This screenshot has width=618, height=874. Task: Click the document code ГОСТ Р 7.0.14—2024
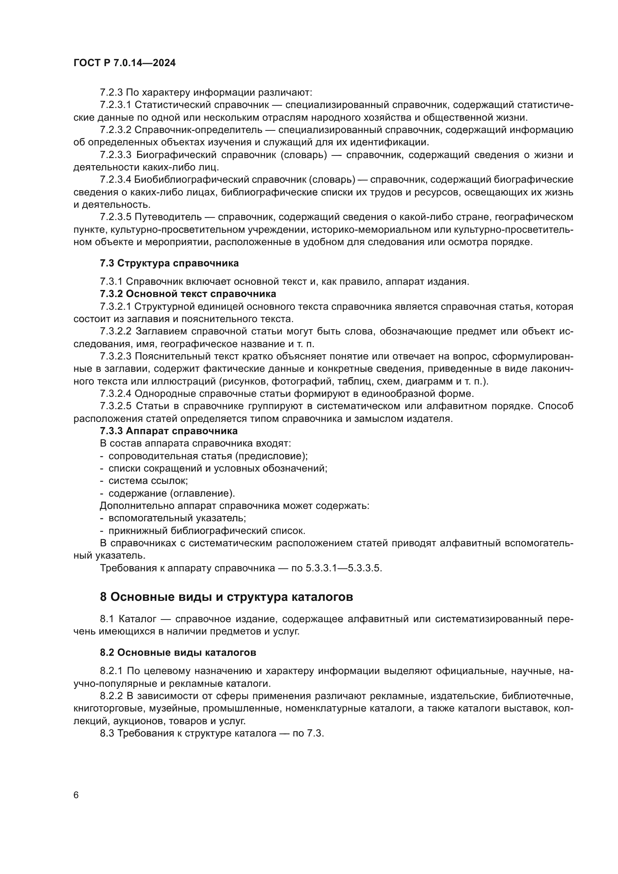click(124, 63)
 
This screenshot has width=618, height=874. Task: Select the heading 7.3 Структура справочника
click(169, 263)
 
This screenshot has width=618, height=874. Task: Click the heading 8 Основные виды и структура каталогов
click(226, 597)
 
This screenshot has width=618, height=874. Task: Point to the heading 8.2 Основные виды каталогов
click(178, 652)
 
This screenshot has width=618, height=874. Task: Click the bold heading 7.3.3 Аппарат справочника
click(169, 431)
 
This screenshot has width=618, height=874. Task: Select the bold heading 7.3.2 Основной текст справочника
click(188, 294)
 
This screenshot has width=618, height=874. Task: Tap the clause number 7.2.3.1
click(115, 105)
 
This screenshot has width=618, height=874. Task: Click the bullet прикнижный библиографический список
click(207, 531)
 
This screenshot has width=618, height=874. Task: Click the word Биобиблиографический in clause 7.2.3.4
click(192, 180)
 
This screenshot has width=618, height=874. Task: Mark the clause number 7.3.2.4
click(115, 393)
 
